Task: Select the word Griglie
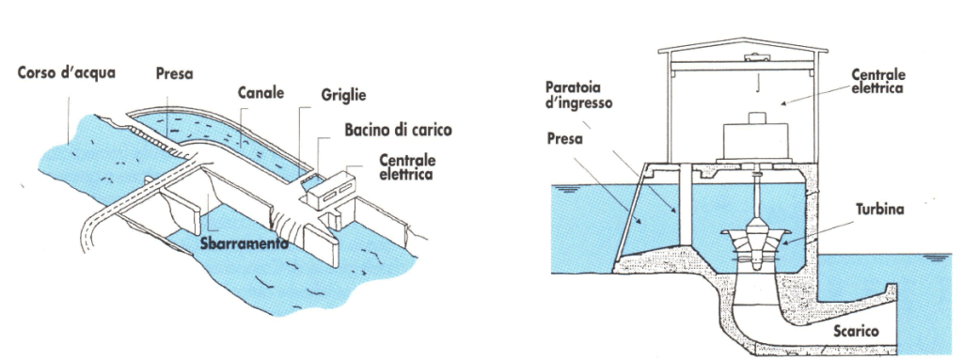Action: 342,95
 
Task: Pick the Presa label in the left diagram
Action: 174,73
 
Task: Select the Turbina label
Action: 880,210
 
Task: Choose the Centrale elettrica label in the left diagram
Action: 407,168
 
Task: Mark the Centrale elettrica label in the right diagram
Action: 877,80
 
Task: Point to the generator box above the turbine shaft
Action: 753,139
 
